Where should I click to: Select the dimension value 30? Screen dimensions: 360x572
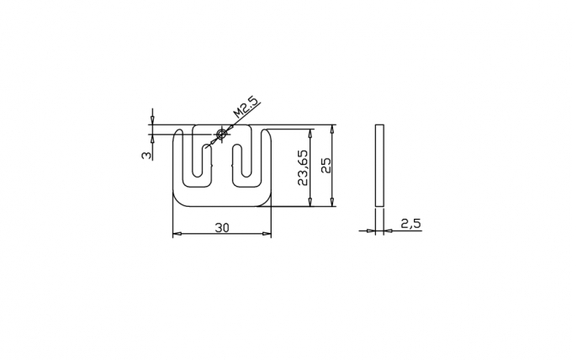click(x=222, y=227)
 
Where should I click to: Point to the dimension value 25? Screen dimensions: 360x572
click(x=326, y=165)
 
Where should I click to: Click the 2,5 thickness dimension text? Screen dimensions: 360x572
click(x=410, y=223)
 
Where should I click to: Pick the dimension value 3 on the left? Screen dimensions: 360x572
click(x=146, y=155)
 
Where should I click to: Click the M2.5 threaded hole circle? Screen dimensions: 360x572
click(x=221, y=134)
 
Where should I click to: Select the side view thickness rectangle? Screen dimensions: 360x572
click(x=379, y=165)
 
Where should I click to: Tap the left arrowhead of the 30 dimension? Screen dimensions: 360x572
click(x=176, y=234)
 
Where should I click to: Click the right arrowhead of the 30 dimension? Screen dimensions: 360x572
click(x=267, y=234)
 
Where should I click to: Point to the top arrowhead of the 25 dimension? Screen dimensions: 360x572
click(x=332, y=129)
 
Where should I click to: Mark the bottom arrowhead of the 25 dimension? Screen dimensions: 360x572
click(x=332, y=202)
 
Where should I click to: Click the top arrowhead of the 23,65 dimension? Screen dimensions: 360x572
click(x=311, y=133)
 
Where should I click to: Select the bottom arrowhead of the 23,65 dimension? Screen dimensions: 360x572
click(x=311, y=202)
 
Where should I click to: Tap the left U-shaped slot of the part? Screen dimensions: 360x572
click(x=198, y=164)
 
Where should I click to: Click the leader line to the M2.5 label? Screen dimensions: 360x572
click(x=236, y=121)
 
